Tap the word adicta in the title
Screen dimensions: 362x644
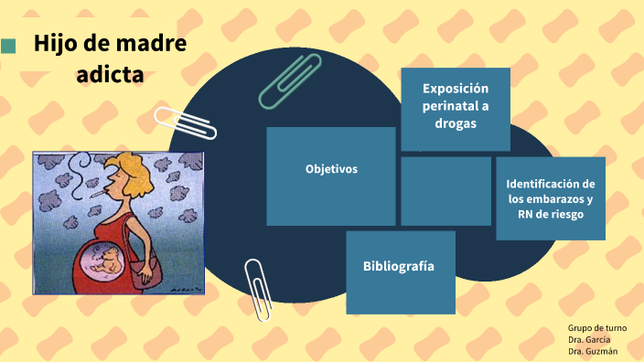pyautogui.click(x=110, y=75)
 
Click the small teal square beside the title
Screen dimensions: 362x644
pyautogui.click(x=8, y=46)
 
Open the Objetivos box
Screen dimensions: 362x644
pyautogui.click(x=331, y=170)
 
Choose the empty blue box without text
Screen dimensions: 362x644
pyautogui.click(x=445, y=190)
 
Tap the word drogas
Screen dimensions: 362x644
pyautogui.click(x=456, y=124)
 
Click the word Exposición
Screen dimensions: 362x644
pyautogui.click(x=456, y=88)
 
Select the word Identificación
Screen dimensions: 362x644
pyautogui.click(x=551, y=184)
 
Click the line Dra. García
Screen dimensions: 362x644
pyautogui.click(x=589, y=339)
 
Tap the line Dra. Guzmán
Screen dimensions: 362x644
pyautogui.click(x=592, y=351)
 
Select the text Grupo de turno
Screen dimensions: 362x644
pyautogui.click(x=596, y=327)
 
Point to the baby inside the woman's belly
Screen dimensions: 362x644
pyautogui.click(x=102, y=266)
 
